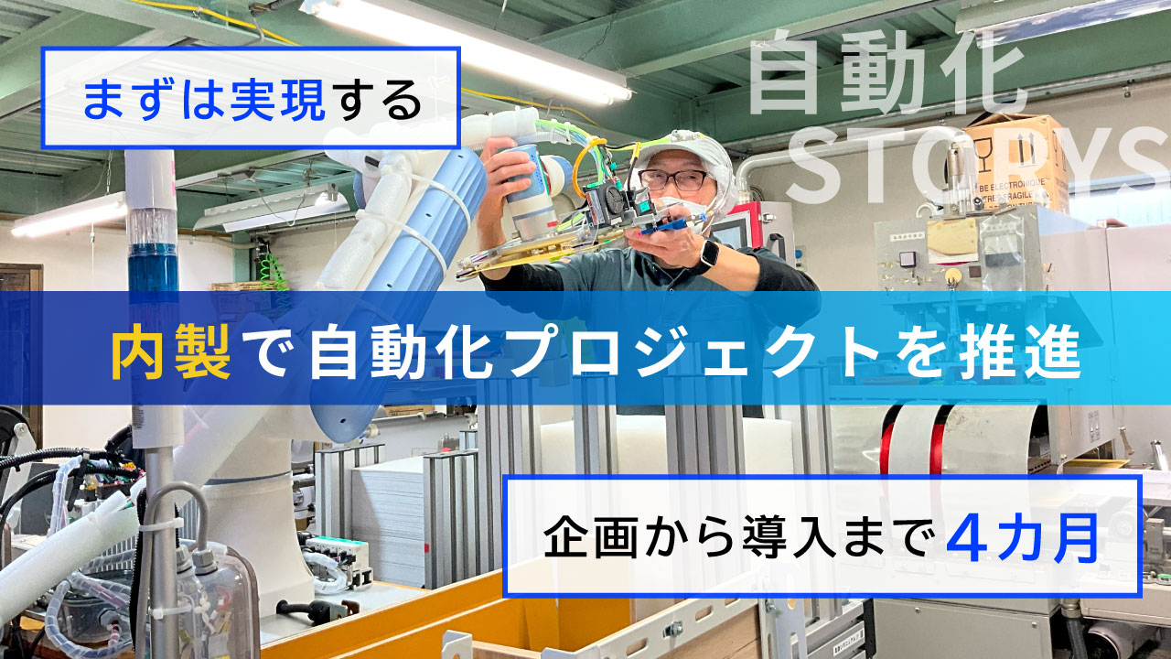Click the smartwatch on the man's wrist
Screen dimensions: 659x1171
click(707, 257)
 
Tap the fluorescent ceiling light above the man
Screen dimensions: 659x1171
click(467, 46)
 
